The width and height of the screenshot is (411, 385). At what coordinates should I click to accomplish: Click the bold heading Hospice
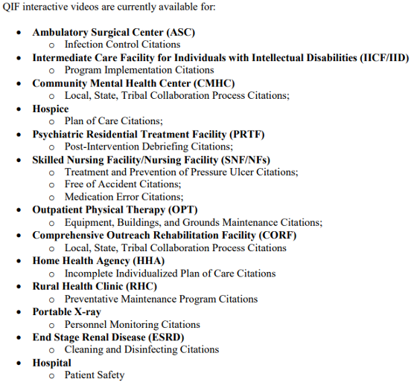50,109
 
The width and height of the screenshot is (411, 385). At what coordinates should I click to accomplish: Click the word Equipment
91,222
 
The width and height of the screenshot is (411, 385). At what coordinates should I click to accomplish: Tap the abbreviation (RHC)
140,286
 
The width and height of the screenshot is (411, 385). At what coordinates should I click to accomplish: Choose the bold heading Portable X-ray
66,312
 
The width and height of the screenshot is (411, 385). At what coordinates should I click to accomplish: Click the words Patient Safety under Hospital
95,375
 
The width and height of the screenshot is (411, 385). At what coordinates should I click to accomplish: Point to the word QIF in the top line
13,7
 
